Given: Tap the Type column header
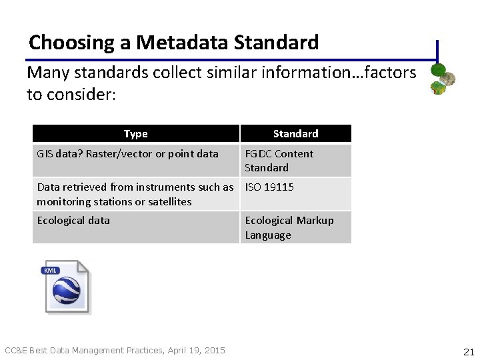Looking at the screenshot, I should (x=135, y=134).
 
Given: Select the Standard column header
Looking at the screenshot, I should (x=295, y=134).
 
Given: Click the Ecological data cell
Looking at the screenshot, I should (x=73, y=221).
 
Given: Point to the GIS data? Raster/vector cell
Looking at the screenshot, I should (x=127, y=154).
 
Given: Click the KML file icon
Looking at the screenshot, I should (x=67, y=287).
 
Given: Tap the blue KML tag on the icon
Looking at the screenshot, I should (x=51, y=270).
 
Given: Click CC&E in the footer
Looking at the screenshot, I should (x=16, y=350).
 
